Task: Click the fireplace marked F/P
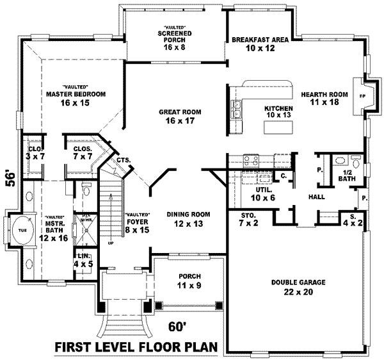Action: (362, 96)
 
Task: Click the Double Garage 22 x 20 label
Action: (298, 286)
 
